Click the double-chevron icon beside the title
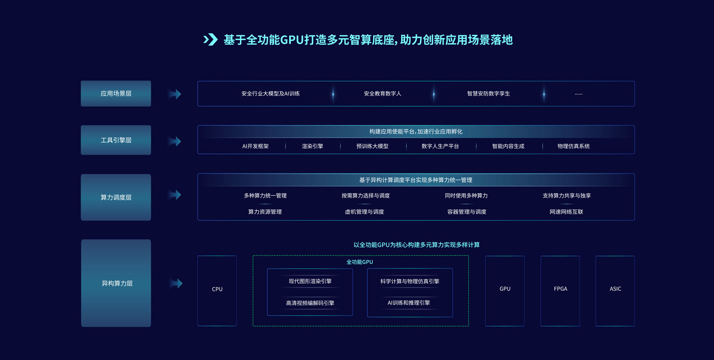pyautogui.click(x=211, y=40)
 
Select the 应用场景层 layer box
pyautogui.click(x=116, y=94)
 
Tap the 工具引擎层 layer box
pyautogui.click(x=116, y=140)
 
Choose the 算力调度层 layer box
pyautogui.click(x=116, y=197)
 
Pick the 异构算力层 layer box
pyautogui.click(x=116, y=283)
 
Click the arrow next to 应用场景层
pyautogui.click(x=175, y=94)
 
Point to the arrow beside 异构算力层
pyautogui.click(x=176, y=283)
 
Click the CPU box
pyautogui.click(x=217, y=290)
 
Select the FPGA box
pyautogui.click(x=560, y=290)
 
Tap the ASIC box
pyautogui.click(x=615, y=290)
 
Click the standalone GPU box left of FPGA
pyautogui.click(x=505, y=290)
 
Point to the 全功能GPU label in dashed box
pyautogui.click(x=360, y=262)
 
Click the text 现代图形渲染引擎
pyautogui.click(x=310, y=281)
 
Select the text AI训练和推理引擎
pyautogui.click(x=409, y=302)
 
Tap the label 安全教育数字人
pyautogui.click(x=382, y=94)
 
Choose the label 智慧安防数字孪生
pyautogui.click(x=488, y=94)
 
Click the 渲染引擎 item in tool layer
pyautogui.click(x=312, y=146)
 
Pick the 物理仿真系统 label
pyautogui.click(x=573, y=146)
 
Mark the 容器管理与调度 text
pyautogui.click(x=467, y=212)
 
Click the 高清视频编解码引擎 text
pyautogui.click(x=310, y=303)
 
